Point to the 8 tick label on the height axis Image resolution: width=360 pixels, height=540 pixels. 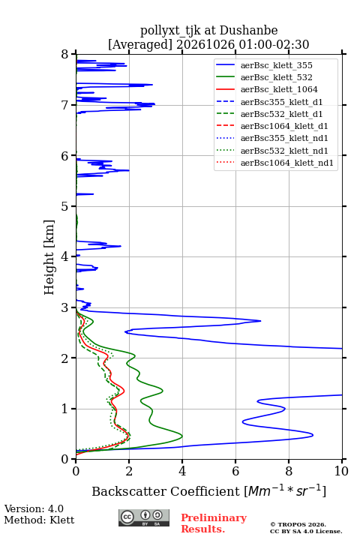(65, 55)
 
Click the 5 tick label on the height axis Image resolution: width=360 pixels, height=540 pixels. (65, 206)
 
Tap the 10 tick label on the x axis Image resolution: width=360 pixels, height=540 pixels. (341, 471)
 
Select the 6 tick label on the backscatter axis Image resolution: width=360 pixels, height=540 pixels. (235, 471)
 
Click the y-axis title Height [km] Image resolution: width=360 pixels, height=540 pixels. (49, 257)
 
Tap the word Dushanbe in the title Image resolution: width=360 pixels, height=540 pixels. (248, 31)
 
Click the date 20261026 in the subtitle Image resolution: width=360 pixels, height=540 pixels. (205, 44)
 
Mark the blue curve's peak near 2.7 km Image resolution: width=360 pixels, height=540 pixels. (260, 321)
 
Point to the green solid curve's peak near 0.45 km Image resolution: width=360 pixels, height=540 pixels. (182, 436)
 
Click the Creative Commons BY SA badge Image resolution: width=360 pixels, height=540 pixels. (144, 518)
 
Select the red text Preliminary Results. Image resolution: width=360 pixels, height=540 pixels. (214, 523)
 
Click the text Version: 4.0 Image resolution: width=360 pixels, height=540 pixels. (34, 509)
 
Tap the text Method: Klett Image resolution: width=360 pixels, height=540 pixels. (39, 520)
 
